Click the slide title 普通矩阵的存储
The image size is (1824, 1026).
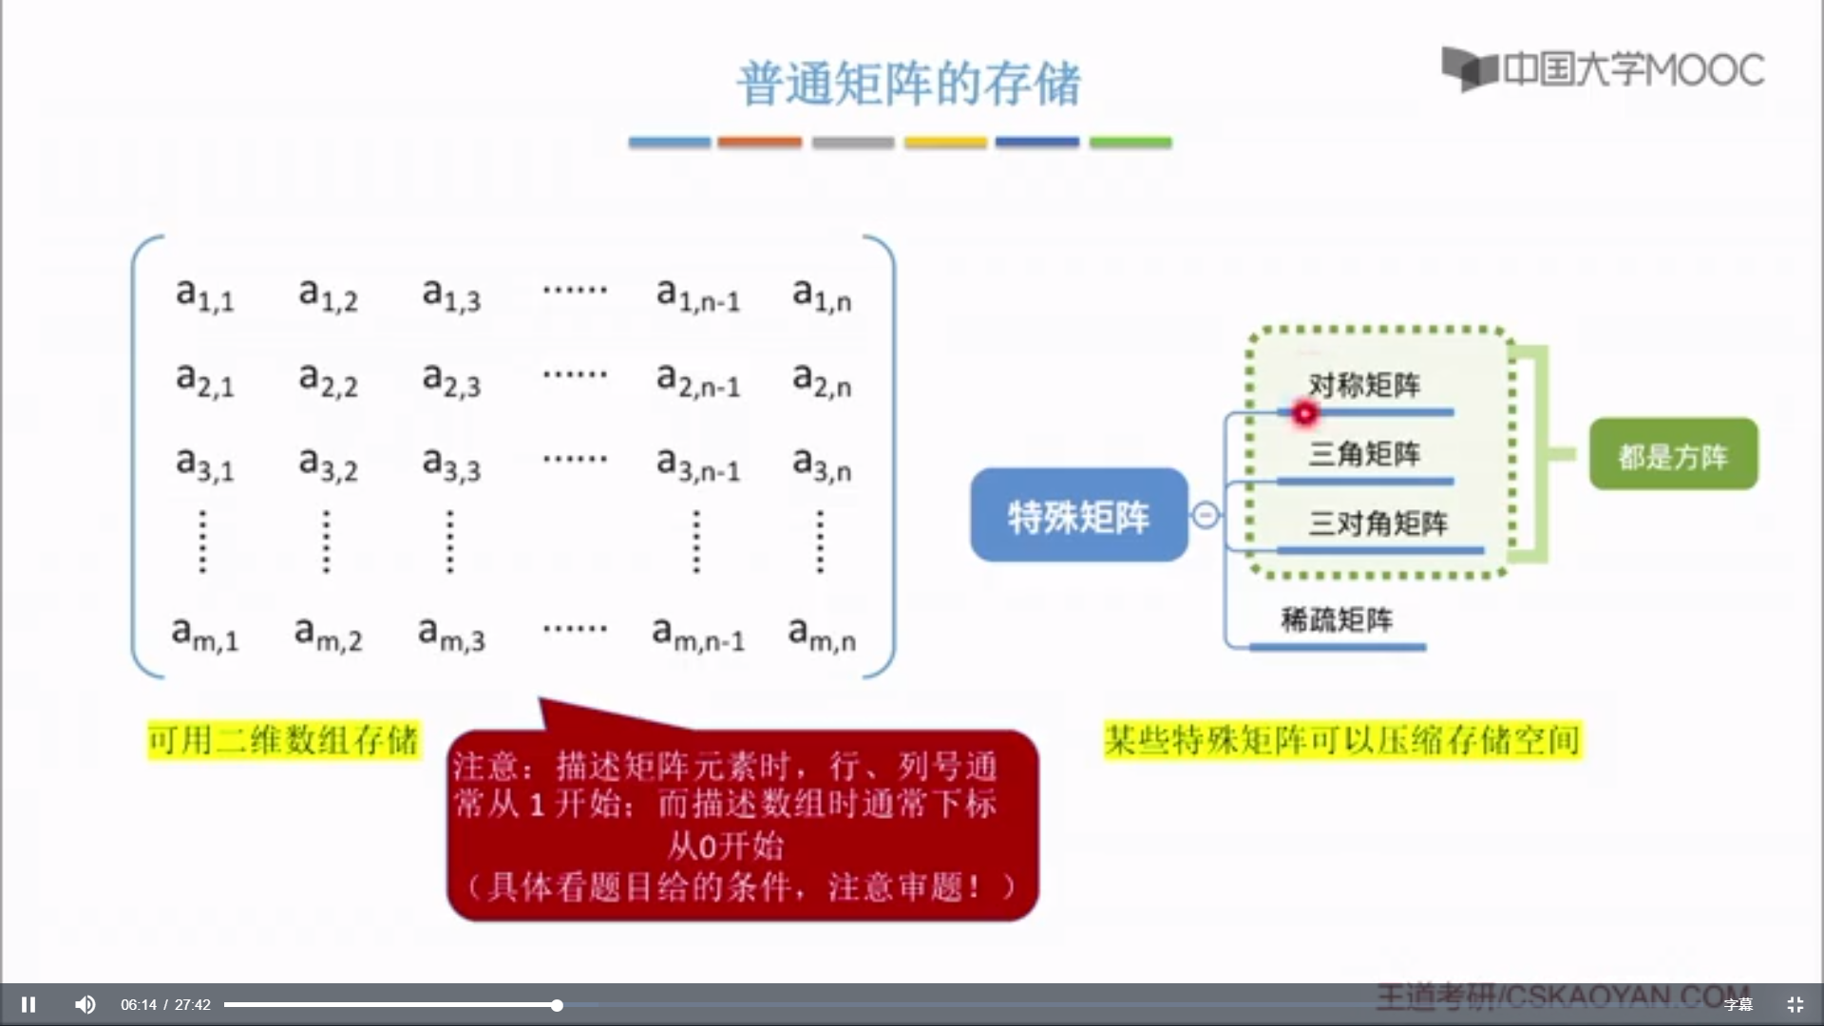(x=908, y=84)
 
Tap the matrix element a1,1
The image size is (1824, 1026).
(x=204, y=294)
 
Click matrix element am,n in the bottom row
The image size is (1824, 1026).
(x=822, y=634)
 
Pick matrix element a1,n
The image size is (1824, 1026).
(x=822, y=294)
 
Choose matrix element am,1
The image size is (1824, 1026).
(x=204, y=634)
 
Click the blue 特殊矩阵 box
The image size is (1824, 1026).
(x=1078, y=516)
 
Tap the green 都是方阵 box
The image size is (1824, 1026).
(x=1673, y=455)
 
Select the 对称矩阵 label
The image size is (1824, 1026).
(x=1364, y=385)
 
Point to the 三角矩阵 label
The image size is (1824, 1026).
(x=1364, y=454)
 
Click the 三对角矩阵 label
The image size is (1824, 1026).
(x=1377, y=523)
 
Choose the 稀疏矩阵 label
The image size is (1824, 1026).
(x=1337, y=620)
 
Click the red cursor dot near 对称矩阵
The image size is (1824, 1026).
(x=1305, y=413)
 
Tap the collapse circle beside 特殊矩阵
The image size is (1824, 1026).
(x=1206, y=515)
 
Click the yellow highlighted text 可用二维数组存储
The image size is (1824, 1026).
(x=283, y=740)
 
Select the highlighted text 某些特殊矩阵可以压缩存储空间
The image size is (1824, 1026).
(x=1342, y=740)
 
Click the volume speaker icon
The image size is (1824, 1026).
(x=85, y=1004)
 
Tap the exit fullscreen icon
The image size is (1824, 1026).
(x=1795, y=1004)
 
